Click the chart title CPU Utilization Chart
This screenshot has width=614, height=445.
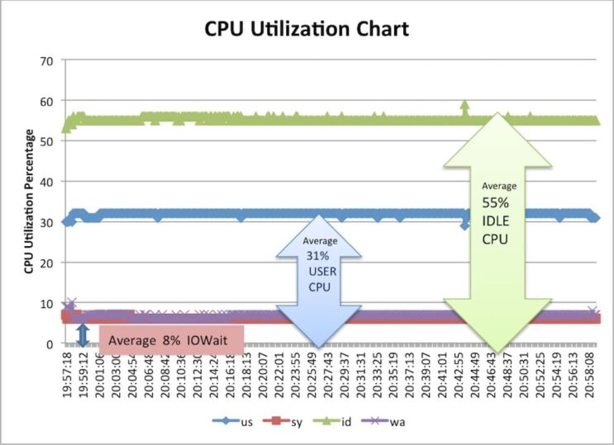point(307,31)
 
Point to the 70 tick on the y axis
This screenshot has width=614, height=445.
point(47,61)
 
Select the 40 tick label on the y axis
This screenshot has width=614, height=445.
point(47,182)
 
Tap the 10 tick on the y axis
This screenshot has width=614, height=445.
point(47,304)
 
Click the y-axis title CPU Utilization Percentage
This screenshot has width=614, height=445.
point(28,201)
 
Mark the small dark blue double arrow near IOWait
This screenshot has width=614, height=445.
point(82,334)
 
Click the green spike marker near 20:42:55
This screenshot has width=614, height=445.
point(464,106)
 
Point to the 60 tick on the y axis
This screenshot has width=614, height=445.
point(47,102)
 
